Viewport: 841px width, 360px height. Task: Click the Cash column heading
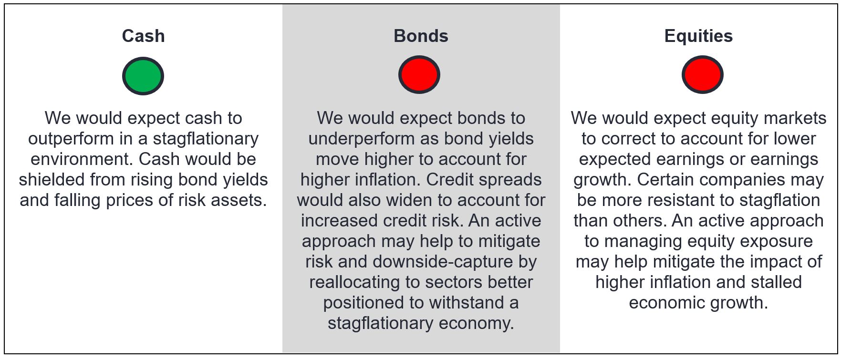143,36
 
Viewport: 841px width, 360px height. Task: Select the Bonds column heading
421,36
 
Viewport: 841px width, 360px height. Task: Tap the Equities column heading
698,36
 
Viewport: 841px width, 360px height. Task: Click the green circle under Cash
143,76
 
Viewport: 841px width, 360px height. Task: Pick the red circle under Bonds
419,74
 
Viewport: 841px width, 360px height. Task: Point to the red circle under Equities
702,74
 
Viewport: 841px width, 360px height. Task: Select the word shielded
51,180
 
